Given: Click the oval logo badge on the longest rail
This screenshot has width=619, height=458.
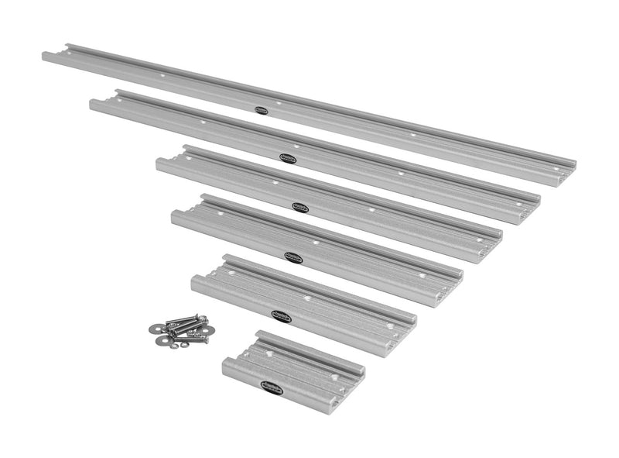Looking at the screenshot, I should [261, 110].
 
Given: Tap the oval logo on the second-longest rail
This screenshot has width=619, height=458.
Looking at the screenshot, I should [288, 158].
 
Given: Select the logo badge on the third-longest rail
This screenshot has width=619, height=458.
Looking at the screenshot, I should [300, 206].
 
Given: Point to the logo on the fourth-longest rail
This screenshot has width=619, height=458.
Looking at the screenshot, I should [293, 257].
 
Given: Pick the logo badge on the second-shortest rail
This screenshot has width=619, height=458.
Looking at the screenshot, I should [281, 315].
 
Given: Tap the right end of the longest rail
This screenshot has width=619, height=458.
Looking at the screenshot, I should [569, 169].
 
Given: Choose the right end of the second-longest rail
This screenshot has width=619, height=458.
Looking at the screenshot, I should [534, 205].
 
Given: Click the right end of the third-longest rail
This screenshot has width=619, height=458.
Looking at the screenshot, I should [495, 236].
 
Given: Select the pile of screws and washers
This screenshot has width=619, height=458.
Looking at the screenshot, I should [180, 329].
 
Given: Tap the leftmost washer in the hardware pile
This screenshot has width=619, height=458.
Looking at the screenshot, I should [153, 329].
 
